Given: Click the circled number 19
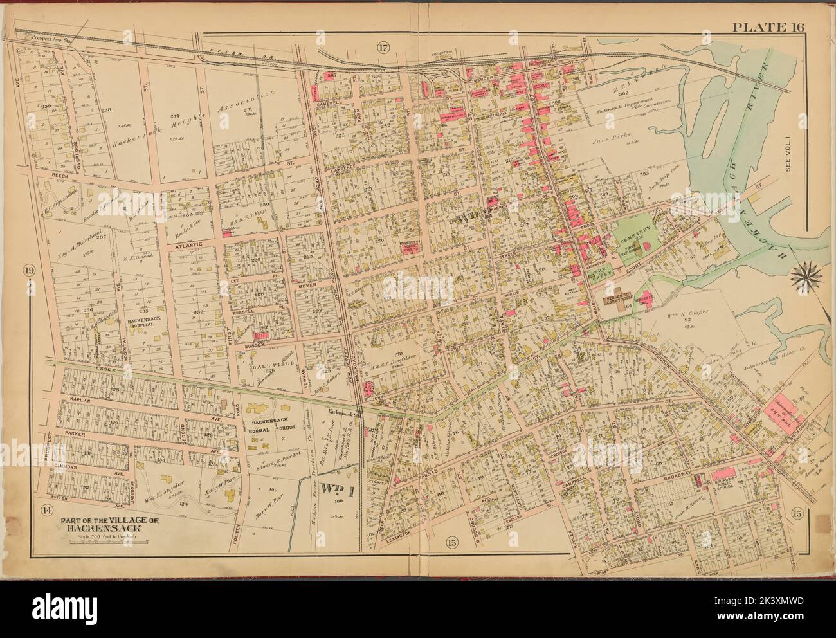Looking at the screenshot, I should click(30, 269).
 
